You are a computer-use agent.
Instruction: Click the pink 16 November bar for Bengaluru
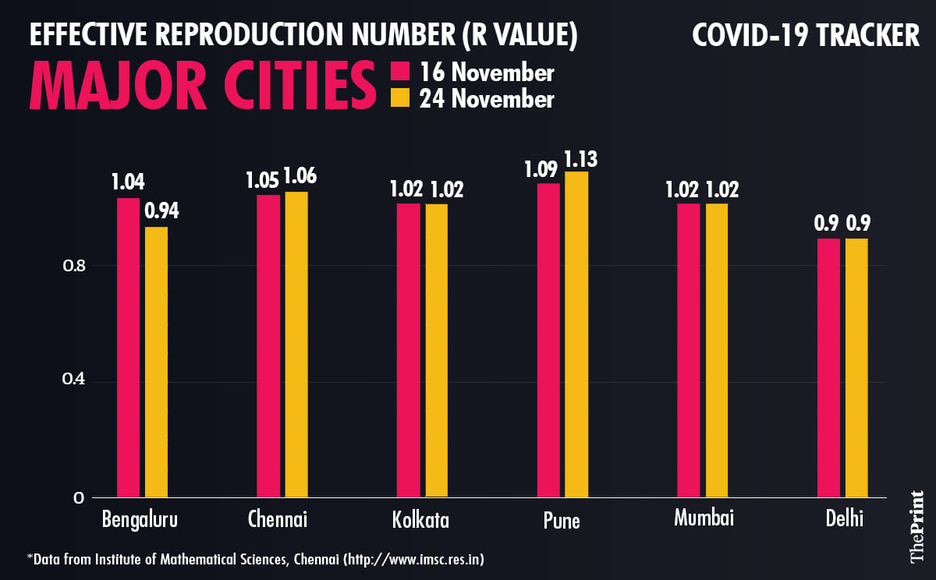128,347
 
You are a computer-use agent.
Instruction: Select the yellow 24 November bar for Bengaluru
156,362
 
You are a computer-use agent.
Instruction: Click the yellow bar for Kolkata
436,350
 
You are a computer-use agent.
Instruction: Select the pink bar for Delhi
828,367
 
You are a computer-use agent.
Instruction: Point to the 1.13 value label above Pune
581,158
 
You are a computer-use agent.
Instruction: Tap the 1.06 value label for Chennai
300,177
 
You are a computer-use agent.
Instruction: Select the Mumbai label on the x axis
704,518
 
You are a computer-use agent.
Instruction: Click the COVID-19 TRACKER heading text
806,35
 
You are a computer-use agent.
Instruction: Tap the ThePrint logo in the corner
916,527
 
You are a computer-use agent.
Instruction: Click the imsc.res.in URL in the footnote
428,560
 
